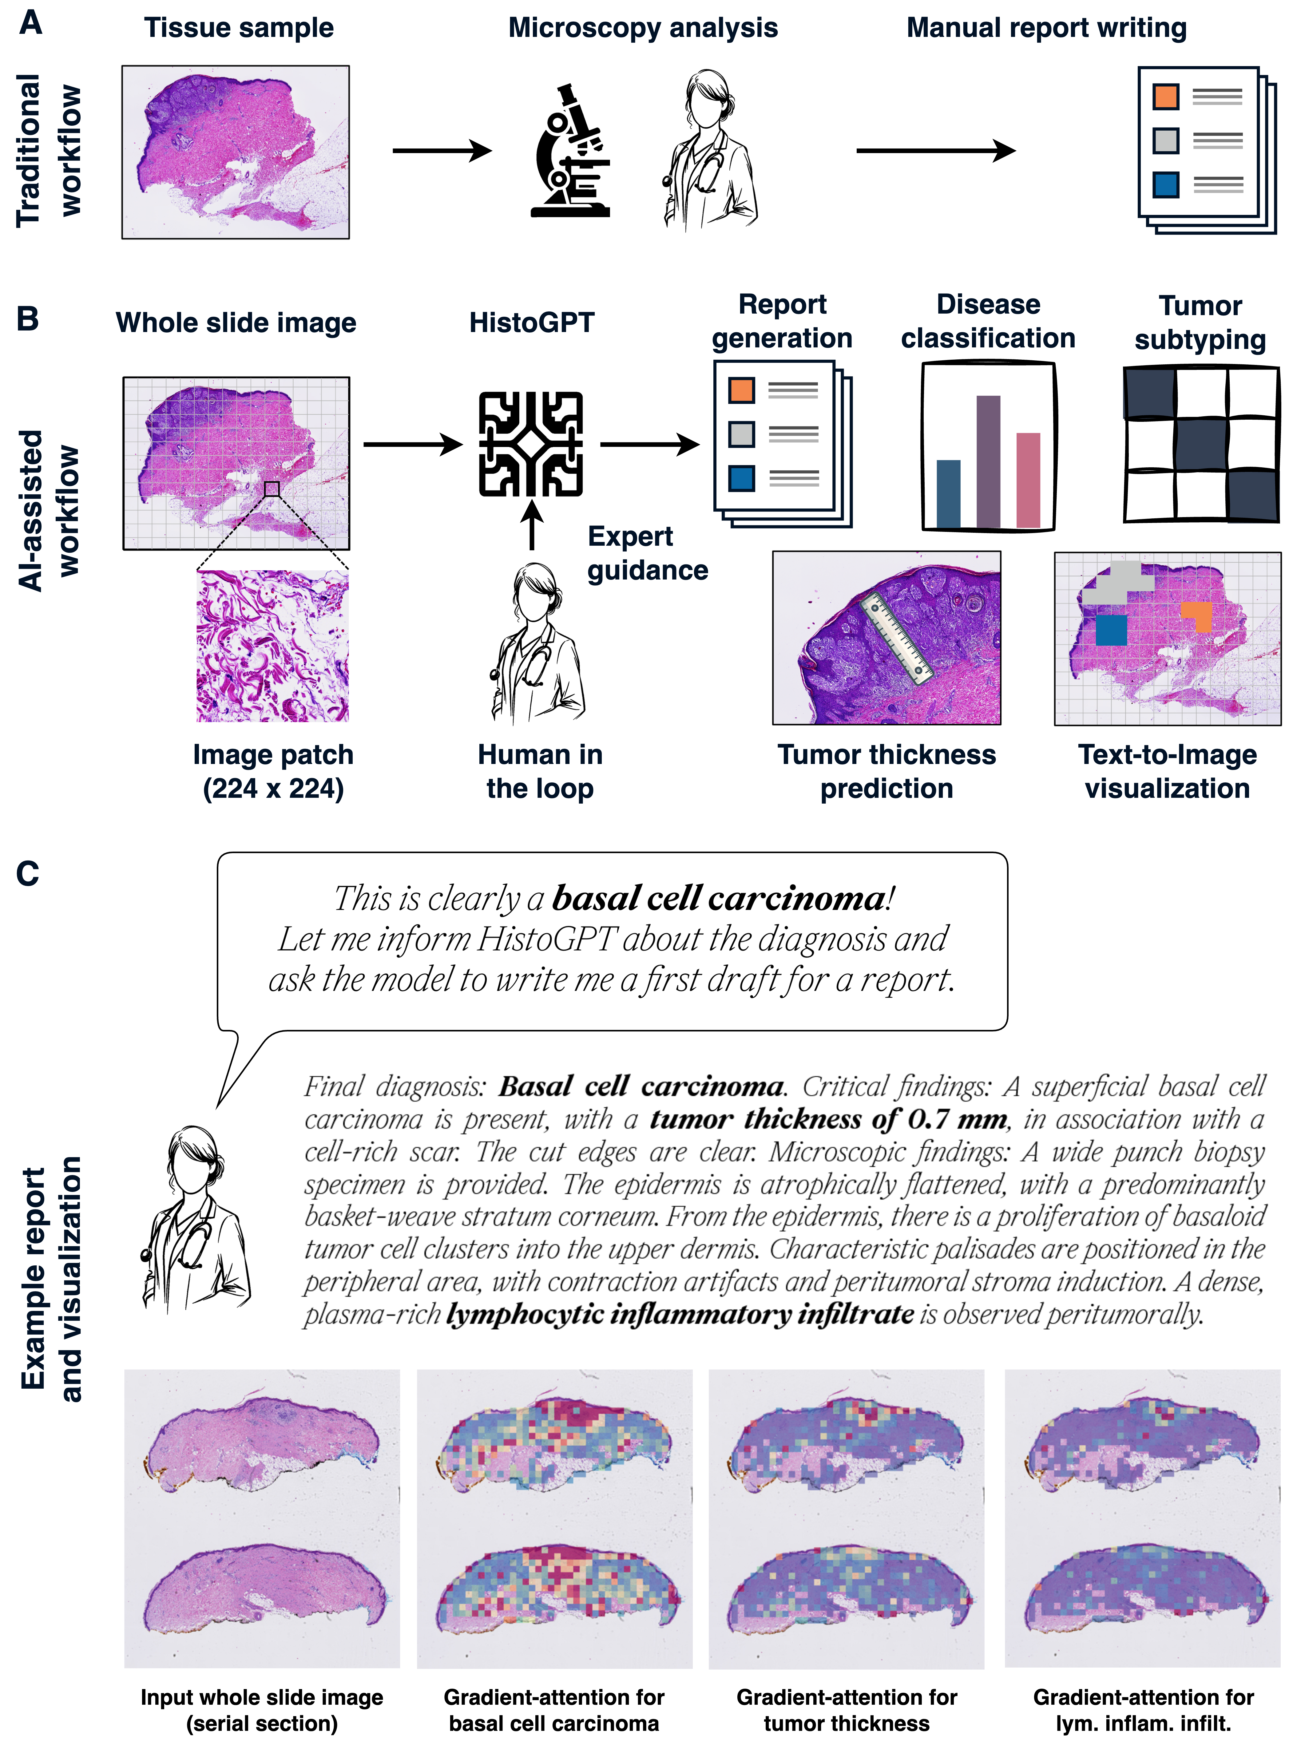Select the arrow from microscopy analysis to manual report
(x=935, y=150)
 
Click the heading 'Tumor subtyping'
(x=1200, y=322)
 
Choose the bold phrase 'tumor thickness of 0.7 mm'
(x=828, y=1120)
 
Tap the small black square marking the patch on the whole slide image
(x=272, y=489)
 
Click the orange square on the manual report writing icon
(x=1165, y=97)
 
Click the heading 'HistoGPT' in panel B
(x=531, y=322)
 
